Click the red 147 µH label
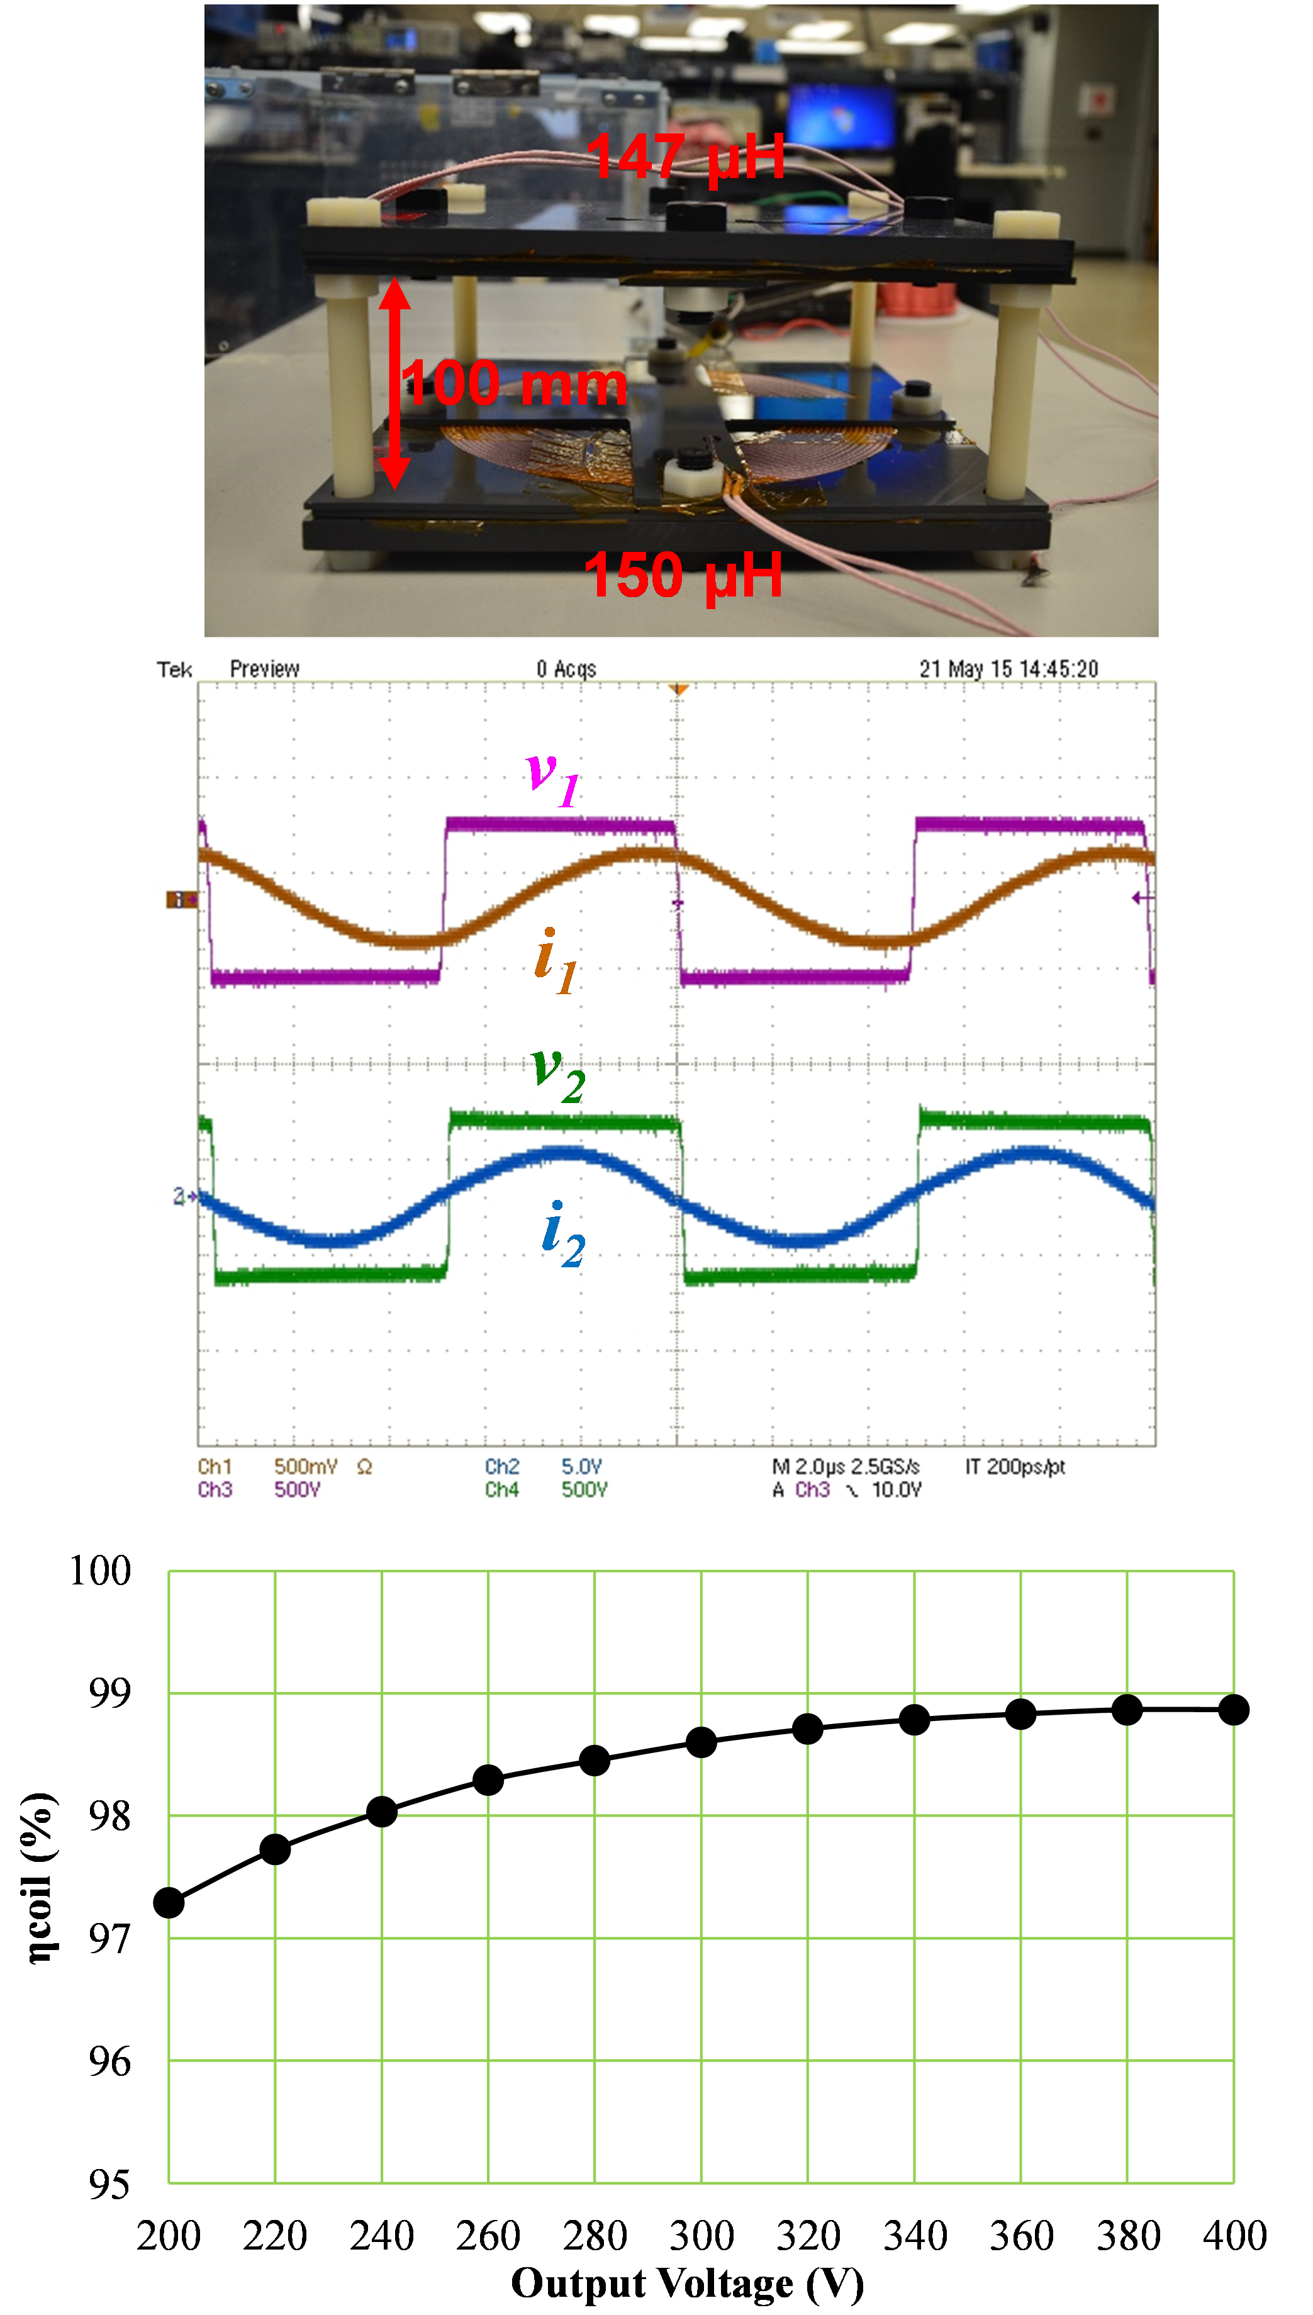[685, 157]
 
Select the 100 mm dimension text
[514, 383]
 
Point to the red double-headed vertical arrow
[394, 383]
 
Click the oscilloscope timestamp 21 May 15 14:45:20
[1008, 669]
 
